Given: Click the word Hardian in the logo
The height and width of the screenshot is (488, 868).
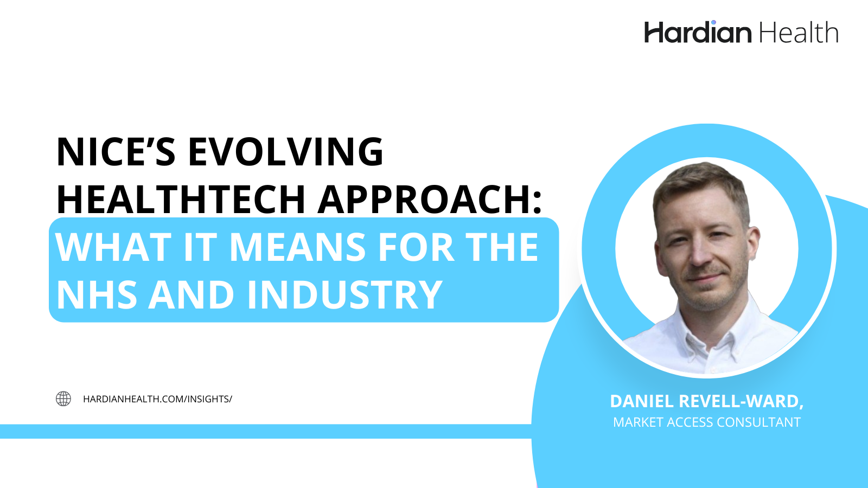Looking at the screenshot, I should coord(698,33).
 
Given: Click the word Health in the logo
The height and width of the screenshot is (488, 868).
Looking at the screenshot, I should coord(799,33).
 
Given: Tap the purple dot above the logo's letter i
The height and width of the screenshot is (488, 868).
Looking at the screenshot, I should coord(713,23).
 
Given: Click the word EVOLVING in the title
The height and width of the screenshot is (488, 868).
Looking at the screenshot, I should coord(285,152).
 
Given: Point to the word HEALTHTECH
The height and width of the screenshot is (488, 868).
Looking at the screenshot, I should coord(181,200).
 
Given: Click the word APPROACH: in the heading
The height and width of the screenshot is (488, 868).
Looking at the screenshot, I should coord(430,200).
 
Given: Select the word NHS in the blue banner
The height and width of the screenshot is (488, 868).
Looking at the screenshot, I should coord(97,296).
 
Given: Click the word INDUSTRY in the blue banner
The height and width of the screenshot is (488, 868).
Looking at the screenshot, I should coord(344,296).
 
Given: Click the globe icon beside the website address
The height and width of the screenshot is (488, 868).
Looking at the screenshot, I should coord(63,399).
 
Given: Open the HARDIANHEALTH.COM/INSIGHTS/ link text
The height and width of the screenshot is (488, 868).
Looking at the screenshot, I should coord(157,399).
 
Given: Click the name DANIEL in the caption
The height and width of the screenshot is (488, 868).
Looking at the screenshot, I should coord(642,401).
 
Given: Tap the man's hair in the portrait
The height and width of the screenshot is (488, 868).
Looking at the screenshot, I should coord(700,182).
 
